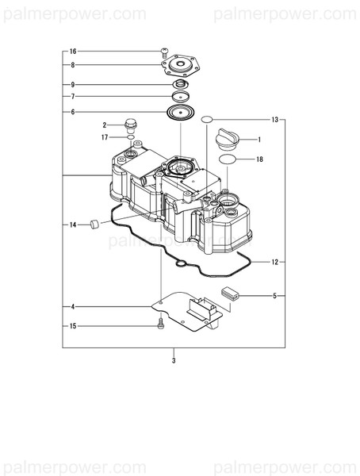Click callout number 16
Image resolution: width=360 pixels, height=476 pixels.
[x=73, y=51]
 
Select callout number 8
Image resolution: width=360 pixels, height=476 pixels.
[x=73, y=65]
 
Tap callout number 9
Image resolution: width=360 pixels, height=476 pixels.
[x=73, y=85]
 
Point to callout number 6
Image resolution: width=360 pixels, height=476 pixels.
[x=73, y=112]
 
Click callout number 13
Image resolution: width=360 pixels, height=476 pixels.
[x=274, y=120]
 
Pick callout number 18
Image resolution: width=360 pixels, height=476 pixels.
[x=259, y=159]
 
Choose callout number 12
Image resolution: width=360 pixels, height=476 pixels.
[x=274, y=261]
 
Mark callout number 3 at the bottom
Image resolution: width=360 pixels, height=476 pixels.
[x=174, y=360]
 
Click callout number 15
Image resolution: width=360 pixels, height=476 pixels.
[x=73, y=326]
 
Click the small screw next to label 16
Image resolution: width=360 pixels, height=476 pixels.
[x=164, y=52]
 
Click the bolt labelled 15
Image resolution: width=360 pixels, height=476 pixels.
[x=162, y=323]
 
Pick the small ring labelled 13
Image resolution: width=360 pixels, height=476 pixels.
[x=205, y=120]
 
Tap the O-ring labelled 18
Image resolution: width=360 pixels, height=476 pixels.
[x=226, y=160]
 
